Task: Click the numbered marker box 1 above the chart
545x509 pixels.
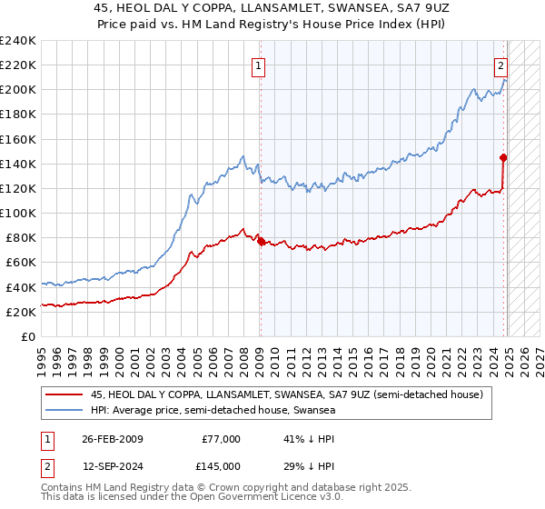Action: click(x=259, y=65)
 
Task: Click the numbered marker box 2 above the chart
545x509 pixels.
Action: click(x=500, y=65)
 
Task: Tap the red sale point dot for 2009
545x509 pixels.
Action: click(x=261, y=242)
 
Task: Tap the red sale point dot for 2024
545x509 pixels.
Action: click(x=504, y=157)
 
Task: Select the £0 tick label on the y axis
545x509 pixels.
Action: click(x=29, y=336)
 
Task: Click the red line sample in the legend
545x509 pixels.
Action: click(x=65, y=394)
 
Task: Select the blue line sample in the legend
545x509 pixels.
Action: click(x=65, y=411)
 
